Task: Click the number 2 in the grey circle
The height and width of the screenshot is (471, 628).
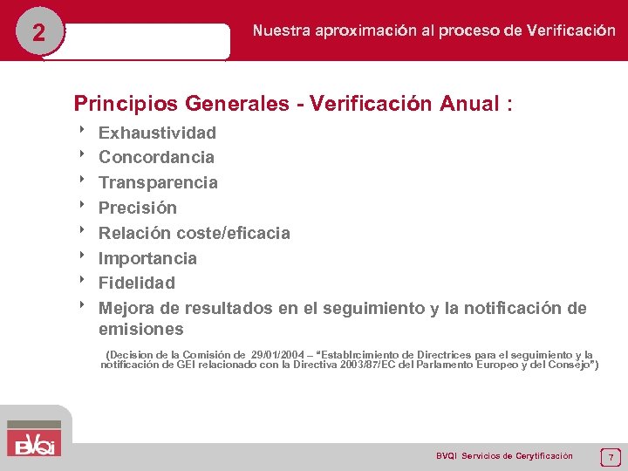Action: click(x=38, y=33)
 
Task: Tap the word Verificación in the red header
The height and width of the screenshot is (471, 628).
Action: click(x=570, y=31)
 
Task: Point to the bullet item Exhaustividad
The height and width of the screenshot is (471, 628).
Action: click(x=157, y=133)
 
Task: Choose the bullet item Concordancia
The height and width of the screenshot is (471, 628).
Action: click(x=156, y=157)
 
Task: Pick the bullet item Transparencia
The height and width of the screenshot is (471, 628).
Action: click(x=158, y=182)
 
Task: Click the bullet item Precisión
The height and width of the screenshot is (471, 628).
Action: click(x=138, y=208)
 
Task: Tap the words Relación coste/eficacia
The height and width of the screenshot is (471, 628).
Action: click(x=194, y=233)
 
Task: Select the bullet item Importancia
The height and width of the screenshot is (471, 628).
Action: click(x=147, y=258)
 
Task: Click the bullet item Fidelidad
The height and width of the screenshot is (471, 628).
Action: click(x=137, y=283)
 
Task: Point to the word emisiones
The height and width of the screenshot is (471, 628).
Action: click(x=141, y=330)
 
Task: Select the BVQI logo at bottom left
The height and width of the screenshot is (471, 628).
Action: click(x=35, y=437)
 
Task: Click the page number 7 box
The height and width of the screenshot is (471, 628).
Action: click(x=611, y=456)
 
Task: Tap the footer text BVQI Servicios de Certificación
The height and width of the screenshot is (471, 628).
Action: click(x=504, y=456)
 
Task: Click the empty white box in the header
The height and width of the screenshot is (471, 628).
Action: click(x=147, y=40)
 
